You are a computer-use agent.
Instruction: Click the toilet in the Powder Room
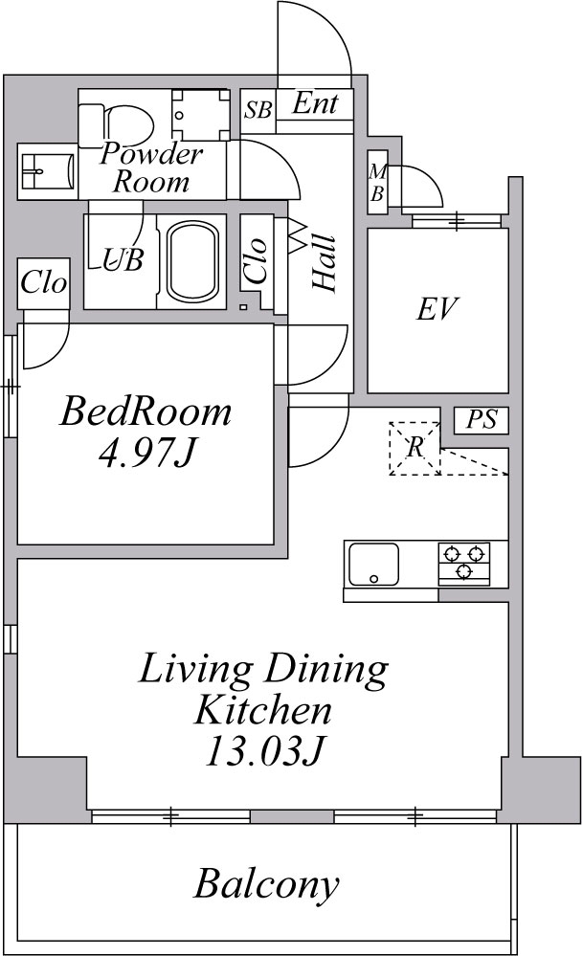tap(123, 121)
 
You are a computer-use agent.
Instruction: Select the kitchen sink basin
tap(373, 565)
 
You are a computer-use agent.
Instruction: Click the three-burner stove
tap(464, 563)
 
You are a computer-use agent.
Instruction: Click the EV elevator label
tap(437, 309)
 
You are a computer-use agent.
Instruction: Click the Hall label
tap(324, 263)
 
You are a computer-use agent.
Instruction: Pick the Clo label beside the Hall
tap(256, 260)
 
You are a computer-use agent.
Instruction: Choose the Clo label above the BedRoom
tap(44, 282)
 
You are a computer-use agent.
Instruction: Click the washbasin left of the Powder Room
tap(46, 173)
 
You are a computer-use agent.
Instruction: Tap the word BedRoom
tap(146, 411)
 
